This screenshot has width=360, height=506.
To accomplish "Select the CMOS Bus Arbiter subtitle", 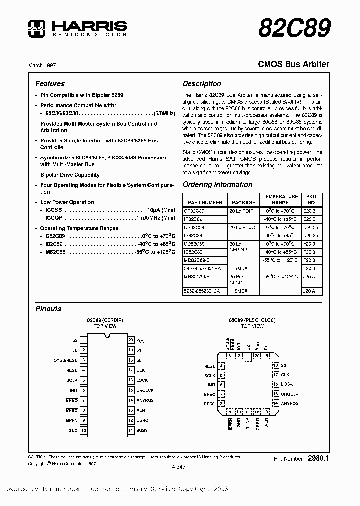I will coord(293,64).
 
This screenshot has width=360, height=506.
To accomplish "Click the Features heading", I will coord(50,84).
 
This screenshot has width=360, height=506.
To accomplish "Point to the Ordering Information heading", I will coord(217,184).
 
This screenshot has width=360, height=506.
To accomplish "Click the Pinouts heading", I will coord(48,309).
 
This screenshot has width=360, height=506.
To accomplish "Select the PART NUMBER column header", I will coord(205,202).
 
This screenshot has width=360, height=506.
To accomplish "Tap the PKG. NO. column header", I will coord(312,199).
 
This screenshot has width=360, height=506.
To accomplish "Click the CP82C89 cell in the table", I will coord(194,211).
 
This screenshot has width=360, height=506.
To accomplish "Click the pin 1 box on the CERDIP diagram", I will coord(84,339).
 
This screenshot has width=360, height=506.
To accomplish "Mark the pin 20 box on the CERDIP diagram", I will coord(131,339).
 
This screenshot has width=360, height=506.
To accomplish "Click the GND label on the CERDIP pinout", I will coord(73,430).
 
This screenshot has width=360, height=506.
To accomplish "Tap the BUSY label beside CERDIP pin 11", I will coord(142,430).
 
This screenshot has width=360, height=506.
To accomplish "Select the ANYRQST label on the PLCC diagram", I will coord(291,403).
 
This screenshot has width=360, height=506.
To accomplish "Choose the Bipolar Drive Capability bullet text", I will coord(70,175).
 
